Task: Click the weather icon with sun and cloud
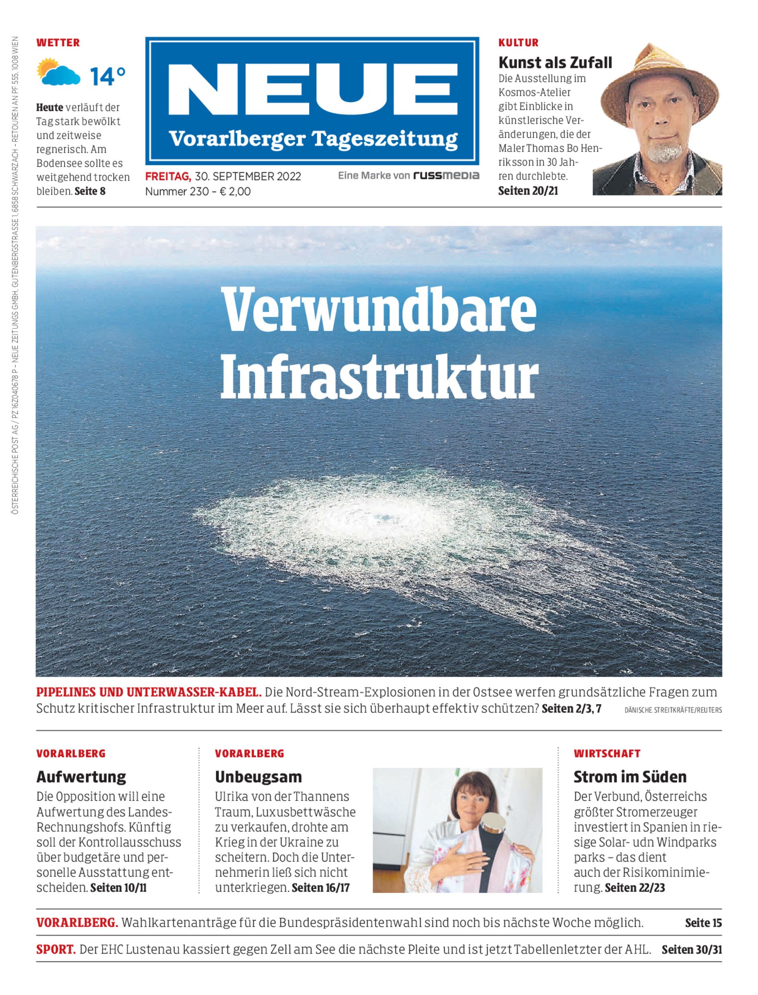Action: coord(59,72)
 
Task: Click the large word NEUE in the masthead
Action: coord(312,91)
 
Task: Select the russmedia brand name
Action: coord(446,176)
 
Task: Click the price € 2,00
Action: coord(234,191)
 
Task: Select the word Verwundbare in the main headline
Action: coord(380,310)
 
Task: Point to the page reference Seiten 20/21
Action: coord(528,190)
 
